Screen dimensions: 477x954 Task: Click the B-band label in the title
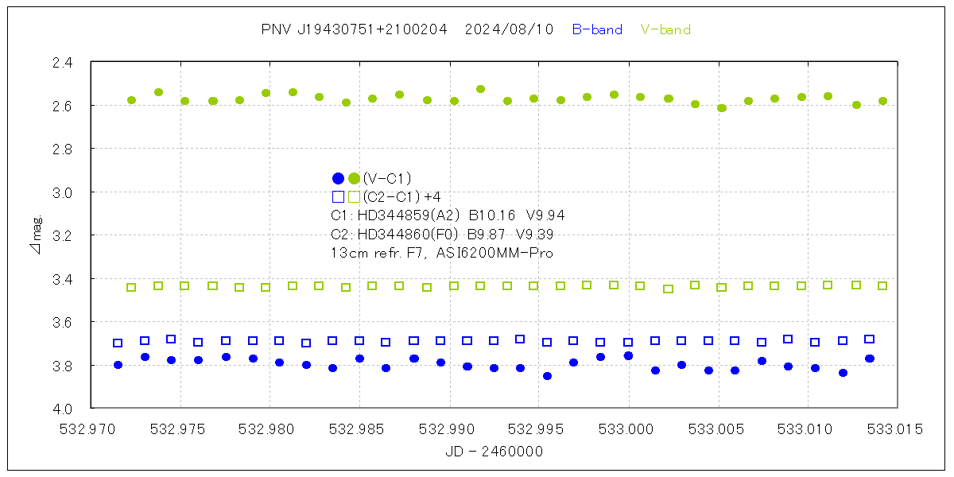pos(597,30)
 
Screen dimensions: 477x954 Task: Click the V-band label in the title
pos(665,30)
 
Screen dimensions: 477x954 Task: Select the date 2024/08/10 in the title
pos(509,30)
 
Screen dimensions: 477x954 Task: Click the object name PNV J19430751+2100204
pos(354,30)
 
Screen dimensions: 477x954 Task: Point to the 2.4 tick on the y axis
pos(63,62)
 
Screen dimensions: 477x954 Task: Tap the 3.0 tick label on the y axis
pos(63,192)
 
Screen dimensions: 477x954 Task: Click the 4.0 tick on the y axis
pos(63,409)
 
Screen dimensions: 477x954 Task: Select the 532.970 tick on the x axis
pos(91,429)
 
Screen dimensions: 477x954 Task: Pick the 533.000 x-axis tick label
pos(629,429)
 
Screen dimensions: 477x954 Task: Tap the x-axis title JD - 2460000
pos(494,452)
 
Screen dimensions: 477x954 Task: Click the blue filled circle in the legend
pos(338,178)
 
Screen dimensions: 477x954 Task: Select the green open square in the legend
pos(355,196)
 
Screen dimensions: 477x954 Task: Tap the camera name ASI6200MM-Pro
pos(500,253)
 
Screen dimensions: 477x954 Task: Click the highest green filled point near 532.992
pos(480,89)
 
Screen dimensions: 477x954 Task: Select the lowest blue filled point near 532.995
pos(547,376)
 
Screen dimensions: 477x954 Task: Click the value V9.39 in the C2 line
pos(535,235)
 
